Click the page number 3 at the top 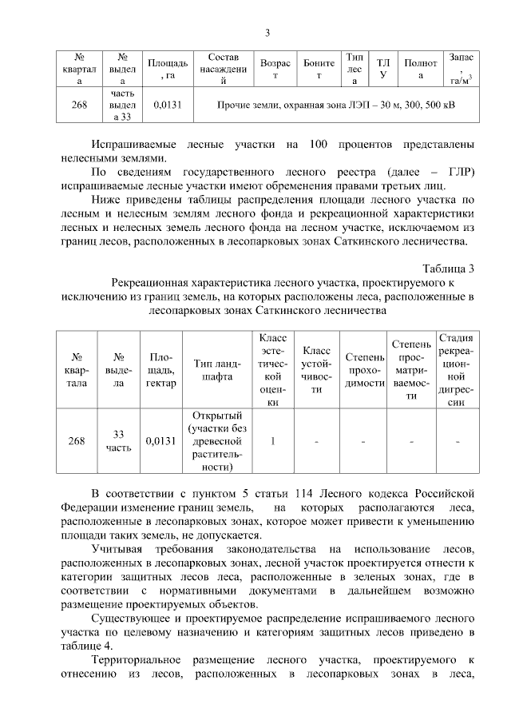pos(268,33)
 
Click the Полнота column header pos(420,69)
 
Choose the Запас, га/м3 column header pos(461,69)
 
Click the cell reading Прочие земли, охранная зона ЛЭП pos(336,104)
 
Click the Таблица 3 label pos(448,269)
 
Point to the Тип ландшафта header pos(217,369)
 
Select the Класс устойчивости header pos(317,369)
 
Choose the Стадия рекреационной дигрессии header pos(456,369)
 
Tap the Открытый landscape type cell pos(217,441)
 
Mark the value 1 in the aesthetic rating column pos(273,441)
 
